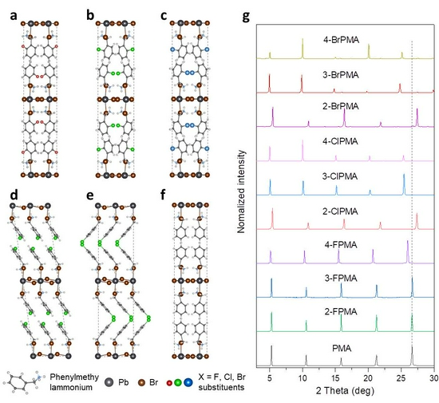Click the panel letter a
[13, 16]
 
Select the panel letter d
[13, 195]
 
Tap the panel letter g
[246, 17]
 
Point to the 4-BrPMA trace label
[341, 40]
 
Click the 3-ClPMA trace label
[340, 176]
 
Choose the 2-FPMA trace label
[341, 311]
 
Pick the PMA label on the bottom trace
[342, 349]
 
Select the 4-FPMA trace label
[341, 245]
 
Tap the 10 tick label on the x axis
[303, 378]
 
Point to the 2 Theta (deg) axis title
[345, 390]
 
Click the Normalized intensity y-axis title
[241, 192]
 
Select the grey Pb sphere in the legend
[109, 382]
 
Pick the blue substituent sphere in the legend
[188, 382]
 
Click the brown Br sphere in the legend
[142, 382]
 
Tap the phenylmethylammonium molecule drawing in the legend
[25, 382]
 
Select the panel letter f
[164, 195]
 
